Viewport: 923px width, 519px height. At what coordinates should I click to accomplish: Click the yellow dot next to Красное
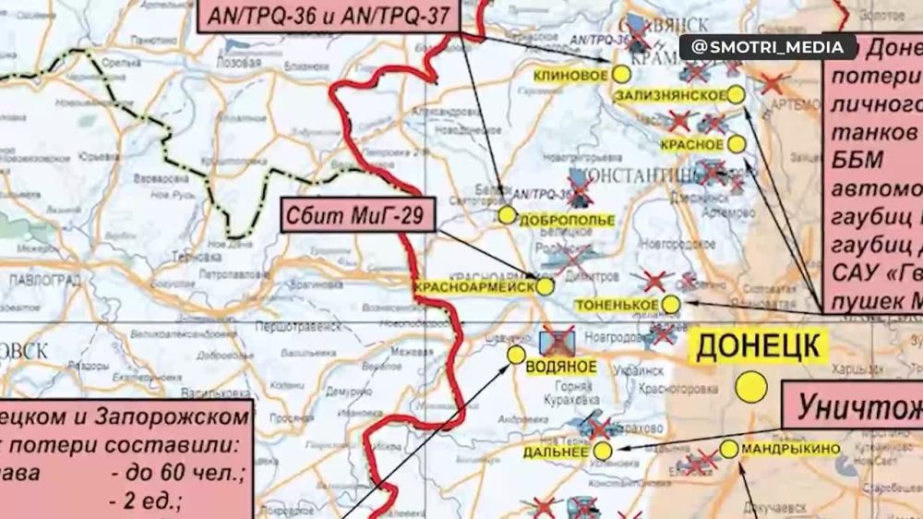coord(736,144)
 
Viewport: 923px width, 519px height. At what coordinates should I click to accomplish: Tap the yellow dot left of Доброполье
coord(507,215)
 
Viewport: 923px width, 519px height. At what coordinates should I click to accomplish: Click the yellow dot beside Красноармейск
coord(545,286)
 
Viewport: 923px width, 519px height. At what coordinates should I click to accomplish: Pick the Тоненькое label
coord(617,305)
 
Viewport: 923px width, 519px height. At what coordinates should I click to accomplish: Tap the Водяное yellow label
coord(561,367)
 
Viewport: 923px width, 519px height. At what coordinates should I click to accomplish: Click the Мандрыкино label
coord(791,449)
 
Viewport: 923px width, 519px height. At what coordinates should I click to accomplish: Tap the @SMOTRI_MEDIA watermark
coord(768,46)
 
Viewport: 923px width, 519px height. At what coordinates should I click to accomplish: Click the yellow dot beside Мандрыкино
coord(729,449)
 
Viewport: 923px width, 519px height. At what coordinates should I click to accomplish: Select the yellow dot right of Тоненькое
coord(671,304)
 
